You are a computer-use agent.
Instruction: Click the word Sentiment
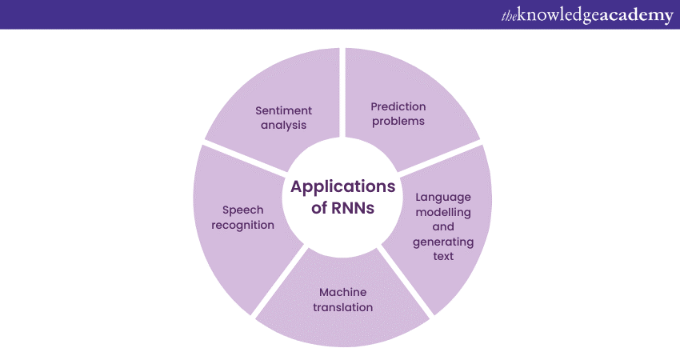284,110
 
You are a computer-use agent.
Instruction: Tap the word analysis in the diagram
284,125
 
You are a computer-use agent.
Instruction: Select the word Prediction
398,106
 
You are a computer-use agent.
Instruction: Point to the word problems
398,121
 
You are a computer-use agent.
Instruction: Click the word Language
443,197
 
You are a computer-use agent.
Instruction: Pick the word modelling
443,212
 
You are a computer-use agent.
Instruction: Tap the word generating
443,242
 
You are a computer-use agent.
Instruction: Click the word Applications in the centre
342,187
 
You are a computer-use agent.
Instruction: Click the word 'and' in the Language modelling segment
443,226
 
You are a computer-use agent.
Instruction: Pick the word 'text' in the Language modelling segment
443,256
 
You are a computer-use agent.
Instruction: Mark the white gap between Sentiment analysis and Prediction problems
342,88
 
